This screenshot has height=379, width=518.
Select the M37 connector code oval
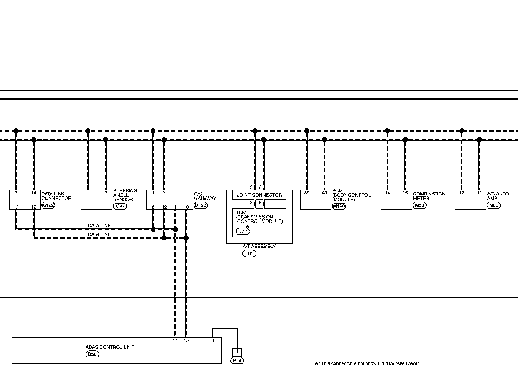tap(120, 206)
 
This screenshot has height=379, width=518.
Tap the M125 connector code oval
tap(200, 205)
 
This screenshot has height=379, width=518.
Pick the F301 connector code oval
tap(243, 232)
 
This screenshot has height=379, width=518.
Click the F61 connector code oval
tap(249, 253)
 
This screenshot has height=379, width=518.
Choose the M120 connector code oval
tap(339, 206)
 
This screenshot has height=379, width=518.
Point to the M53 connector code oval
tap(419, 205)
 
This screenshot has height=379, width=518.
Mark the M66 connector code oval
tap(494, 205)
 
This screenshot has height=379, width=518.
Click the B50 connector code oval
tap(92, 354)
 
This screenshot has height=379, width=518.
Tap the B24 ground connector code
tap(237, 361)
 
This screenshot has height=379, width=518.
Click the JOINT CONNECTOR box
tap(259, 195)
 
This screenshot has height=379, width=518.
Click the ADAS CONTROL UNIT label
tap(110, 347)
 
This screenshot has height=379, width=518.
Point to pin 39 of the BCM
tap(307, 193)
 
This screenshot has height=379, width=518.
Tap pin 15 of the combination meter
tap(405, 193)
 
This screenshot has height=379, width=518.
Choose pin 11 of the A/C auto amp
tap(479, 193)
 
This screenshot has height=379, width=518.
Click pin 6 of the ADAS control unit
tap(213, 341)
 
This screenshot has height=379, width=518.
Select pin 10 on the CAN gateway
tap(186, 207)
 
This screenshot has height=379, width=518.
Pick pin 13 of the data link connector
tap(16, 207)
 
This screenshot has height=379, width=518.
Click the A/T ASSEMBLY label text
tap(259, 246)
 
